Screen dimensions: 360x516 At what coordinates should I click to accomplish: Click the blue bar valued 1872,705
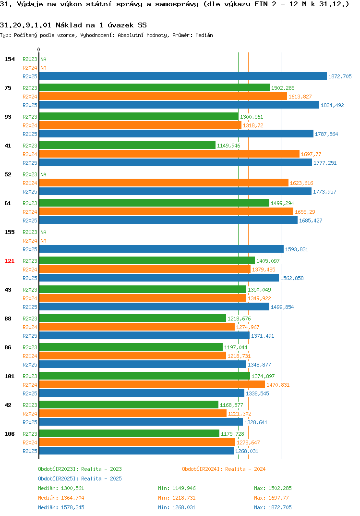(x=183, y=76)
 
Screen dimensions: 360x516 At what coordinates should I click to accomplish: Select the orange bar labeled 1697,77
(x=169, y=154)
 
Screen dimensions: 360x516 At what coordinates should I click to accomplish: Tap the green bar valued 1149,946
(x=127, y=145)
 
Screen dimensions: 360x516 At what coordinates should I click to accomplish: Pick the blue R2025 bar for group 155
(x=161, y=249)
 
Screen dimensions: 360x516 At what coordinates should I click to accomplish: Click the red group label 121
(x=9, y=261)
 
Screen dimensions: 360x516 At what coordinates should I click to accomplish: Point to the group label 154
(x=9, y=59)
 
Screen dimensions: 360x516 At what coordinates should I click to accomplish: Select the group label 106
(x=9, y=434)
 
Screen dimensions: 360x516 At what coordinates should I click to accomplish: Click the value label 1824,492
(x=332, y=105)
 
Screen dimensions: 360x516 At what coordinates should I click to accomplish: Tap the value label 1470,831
(x=278, y=385)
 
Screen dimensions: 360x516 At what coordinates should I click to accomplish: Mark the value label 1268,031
(x=247, y=452)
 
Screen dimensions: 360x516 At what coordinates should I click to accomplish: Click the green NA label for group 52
(x=43, y=174)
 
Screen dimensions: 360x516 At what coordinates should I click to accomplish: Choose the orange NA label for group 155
(x=43, y=241)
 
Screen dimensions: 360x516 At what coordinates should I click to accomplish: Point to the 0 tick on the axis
(x=39, y=49)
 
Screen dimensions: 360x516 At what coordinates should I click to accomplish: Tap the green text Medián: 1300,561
(x=61, y=488)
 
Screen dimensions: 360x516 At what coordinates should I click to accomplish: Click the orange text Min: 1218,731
(x=177, y=498)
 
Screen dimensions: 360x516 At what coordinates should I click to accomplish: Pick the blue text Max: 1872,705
(x=273, y=507)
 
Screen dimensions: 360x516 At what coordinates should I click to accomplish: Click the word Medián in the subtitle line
(x=204, y=35)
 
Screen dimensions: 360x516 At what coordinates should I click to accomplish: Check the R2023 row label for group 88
(x=30, y=319)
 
